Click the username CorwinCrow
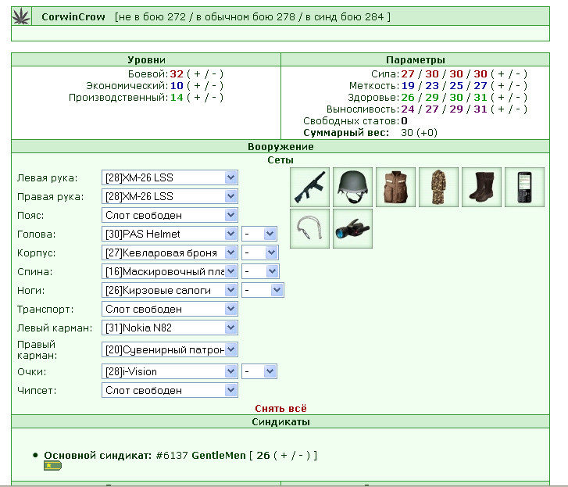(73, 16)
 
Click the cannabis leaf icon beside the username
(21, 16)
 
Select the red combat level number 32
(177, 74)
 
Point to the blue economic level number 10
(177, 85)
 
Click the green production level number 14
(177, 97)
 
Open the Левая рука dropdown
(170, 177)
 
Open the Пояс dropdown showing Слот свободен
(170, 215)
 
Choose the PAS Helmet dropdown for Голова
(170, 234)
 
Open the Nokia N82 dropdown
(170, 328)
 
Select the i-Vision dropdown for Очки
(170, 371)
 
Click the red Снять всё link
(280, 408)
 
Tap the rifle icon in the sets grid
(309, 187)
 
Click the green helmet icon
(352, 187)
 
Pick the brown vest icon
(395, 187)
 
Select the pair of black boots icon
(482, 187)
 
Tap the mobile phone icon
(524, 187)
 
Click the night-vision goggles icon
(352, 228)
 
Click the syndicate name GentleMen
(219, 455)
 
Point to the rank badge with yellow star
(52, 466)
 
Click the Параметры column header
(416, 59)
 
